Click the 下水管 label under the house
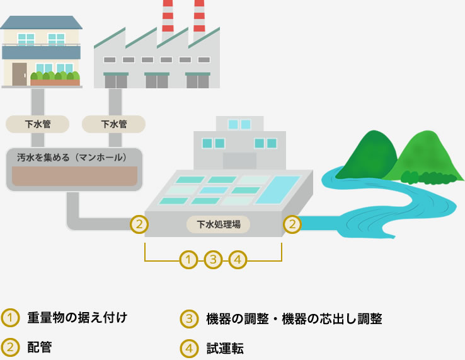point(37,124)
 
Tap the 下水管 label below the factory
point(114,124)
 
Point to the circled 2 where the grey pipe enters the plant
point(139,223)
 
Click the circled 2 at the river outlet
point(291,223)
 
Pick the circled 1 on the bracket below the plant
point(188,259)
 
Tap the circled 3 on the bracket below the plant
point(214,259)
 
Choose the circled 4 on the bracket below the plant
point(238,259)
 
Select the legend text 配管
point(40,347)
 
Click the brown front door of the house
point(20,74)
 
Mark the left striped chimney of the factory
point(168,16)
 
